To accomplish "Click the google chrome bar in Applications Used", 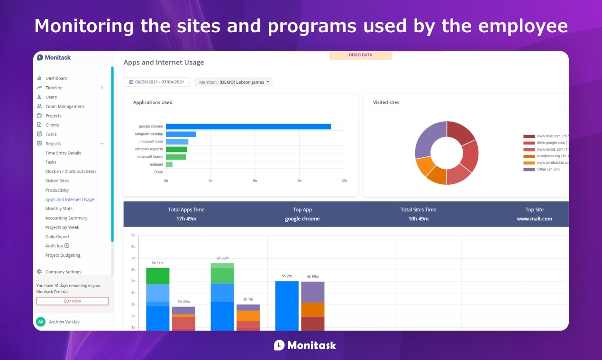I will click(248, 126).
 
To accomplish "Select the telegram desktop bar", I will click(181, 134).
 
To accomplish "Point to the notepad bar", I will click(169, 164).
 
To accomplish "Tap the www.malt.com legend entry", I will click(545, 136).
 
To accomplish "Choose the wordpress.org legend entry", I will click(545, 156).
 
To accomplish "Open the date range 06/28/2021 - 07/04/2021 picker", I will click(156, 82).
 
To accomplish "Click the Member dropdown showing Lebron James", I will click(234, 82).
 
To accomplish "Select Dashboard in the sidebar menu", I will click(56, 78).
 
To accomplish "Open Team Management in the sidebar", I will click(64, 107).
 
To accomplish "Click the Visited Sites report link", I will click(57, 181).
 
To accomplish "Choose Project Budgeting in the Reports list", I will click(63, 255).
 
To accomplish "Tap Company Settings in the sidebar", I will click(63, 272).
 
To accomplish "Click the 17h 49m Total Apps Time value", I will click(186, 219).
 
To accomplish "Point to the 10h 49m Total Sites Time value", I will click(419, 219).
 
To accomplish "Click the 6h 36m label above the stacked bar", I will click(222, 258).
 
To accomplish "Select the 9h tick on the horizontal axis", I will click(300, 181).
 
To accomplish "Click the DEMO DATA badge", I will click(360, 55).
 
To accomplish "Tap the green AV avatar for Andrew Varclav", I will click(41, 322).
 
